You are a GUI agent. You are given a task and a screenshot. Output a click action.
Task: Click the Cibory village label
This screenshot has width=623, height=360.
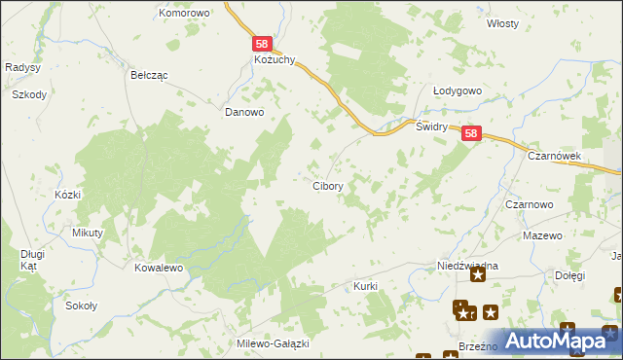coord(326,185)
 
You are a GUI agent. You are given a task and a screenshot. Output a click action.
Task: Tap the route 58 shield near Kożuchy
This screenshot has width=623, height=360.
coord(261,44)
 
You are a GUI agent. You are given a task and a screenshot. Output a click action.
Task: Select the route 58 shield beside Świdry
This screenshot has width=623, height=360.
coord(471,135)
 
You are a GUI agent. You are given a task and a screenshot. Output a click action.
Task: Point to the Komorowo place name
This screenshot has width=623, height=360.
coord(185,14)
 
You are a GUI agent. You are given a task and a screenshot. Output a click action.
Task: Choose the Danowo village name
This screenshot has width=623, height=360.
coord(244,112)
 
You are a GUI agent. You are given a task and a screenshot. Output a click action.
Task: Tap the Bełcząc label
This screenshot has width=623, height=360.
coord(150,74)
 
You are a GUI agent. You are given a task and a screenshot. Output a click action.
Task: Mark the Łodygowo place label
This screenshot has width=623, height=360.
coord(458,90)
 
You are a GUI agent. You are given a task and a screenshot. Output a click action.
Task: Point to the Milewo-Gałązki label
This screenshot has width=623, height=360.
coord(273,344)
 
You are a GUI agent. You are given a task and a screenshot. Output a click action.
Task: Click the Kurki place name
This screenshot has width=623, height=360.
coord(365,287)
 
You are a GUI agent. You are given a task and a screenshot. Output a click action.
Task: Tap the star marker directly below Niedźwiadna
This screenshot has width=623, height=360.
coord(478,276)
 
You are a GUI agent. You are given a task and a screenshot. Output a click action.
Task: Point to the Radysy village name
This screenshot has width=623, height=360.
coord(21,67)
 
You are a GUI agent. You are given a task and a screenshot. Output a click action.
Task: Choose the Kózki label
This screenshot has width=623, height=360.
coord(67,195)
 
